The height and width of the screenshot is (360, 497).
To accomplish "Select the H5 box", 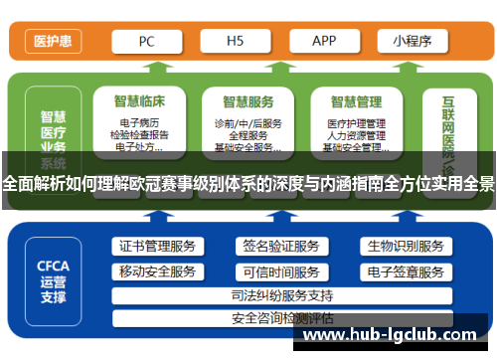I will pos(236,42).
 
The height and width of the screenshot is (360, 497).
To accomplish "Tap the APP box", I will pos(324,42).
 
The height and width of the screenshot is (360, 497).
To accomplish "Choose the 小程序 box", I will pos(411,42).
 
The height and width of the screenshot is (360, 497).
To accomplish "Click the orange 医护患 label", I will pos(52,42).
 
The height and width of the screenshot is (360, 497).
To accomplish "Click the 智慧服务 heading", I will pos(248,100).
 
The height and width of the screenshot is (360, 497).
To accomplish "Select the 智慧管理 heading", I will pos(356,100).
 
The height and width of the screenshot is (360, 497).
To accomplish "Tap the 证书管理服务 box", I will pos(157,246).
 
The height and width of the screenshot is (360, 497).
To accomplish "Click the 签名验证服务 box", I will pos(281,246).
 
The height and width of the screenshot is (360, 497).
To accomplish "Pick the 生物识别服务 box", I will pos(405,246).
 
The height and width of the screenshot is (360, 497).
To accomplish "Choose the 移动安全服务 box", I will pos(157,271).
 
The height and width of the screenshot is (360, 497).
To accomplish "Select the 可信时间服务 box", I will pos(281,271).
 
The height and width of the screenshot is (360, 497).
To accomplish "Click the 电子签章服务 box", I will pos(405,271).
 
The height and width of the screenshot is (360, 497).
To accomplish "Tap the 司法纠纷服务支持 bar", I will pos(281,295).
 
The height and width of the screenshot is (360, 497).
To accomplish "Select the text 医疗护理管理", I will pos(356,123).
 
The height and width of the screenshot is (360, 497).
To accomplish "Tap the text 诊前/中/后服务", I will pos(248,123).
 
